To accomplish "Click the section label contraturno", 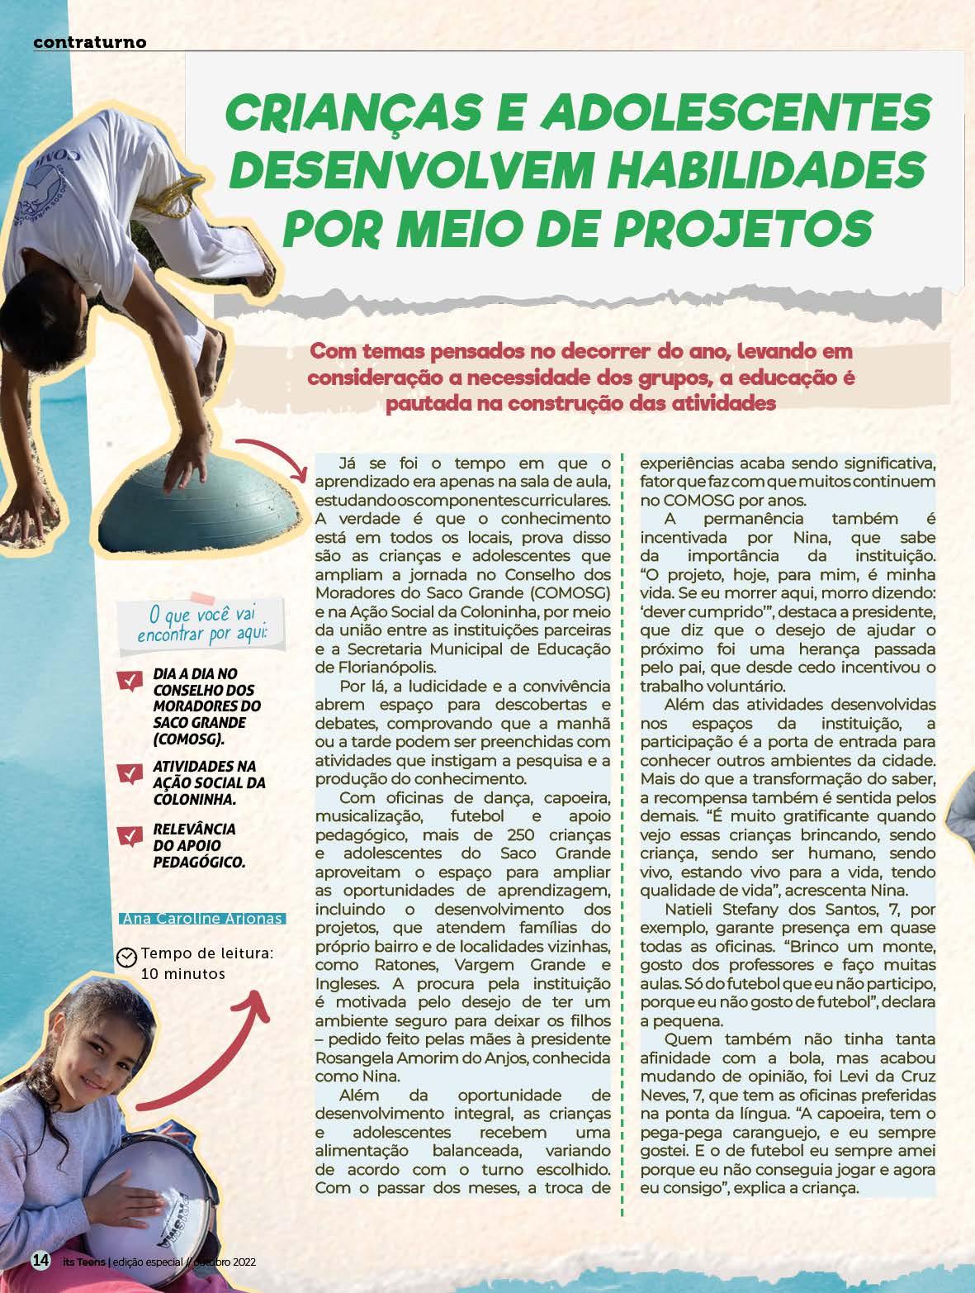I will [90, 41].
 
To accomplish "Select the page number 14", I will [40, 1261].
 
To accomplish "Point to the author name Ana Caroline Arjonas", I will [203, 919].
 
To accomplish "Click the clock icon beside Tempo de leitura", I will [127, 956].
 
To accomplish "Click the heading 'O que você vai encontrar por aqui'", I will [197, 624].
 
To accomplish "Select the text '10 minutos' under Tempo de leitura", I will [183, 974].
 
